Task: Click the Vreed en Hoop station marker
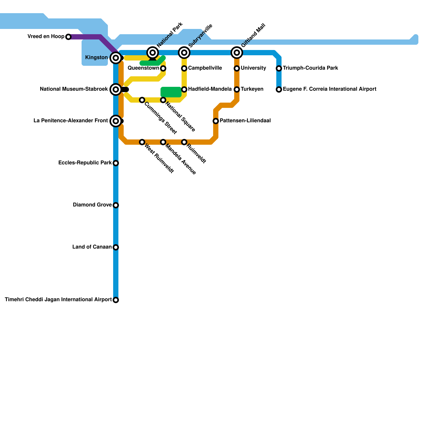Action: click(68, 37)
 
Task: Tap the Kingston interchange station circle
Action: click(116, 58)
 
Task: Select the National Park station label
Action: click(169, 35)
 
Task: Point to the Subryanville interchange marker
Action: click(184, 53)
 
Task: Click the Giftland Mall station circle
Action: click(237, 53)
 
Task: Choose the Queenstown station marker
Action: click(163, 68)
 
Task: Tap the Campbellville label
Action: click(205, 68)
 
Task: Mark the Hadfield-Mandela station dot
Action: click(184, 89)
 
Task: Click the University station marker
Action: click(237, 68)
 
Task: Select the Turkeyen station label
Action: click(252, 89)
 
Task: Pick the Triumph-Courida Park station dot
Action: click(279, 68)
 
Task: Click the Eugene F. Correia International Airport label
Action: click(329, 89)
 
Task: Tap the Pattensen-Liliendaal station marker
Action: click(216, 121)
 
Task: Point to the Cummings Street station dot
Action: click(142, 100)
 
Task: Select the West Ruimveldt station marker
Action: click(142, 142)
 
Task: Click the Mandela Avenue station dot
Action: click(163, 142)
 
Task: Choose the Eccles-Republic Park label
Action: click(85, 163)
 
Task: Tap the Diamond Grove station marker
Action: click(116, 205)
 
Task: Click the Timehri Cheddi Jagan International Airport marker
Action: click(116, 300)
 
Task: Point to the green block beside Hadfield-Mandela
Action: click(171, 92)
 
